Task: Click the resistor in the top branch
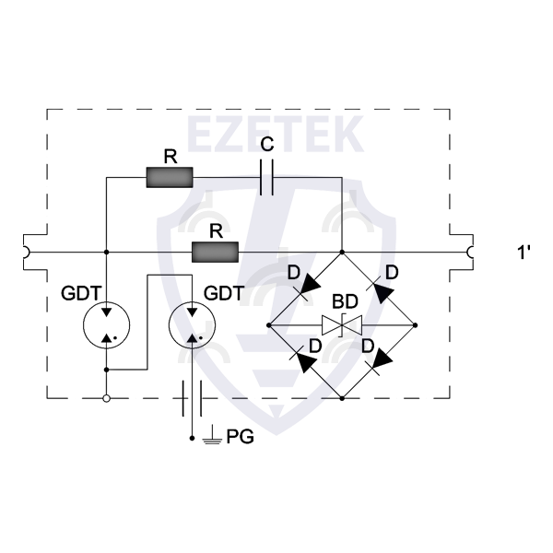pyautogui.click(x=170, y=177)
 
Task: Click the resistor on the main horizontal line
pyautogui.click(x=215, y=253)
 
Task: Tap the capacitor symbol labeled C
pyautogui.click(x=266, y=177)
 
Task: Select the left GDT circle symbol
pyautogui.click(x=107, y=325)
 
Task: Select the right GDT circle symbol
pyautogui.click(x=193, y=325)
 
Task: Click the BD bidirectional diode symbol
pyautogui.click(x=342, y=325)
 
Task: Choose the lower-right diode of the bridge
pyautogui.click(x=379, y=362)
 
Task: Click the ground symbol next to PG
pyautogui.click(x=212, y=435)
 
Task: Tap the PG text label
pyautogui.click(x=240, y=437)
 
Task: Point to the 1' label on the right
pyautogui.click(x=524, y=253)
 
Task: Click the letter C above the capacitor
pyautogui.click(x=267, y=145)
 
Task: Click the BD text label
pyautogui.click(x=345, y=301)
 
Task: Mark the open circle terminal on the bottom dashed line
pyautogui.click(x=107, y=398)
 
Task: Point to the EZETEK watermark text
pyautogui.click(x=276, y=134)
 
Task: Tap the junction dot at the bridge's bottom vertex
pyautogui.click(x=342, y=398)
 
